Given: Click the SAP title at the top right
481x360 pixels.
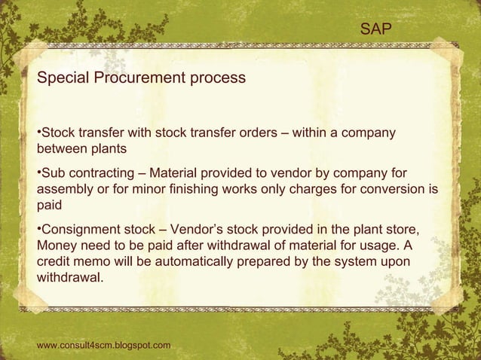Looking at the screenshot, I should tap(375, 29).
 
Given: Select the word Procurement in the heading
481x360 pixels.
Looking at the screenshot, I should tap(142, 78).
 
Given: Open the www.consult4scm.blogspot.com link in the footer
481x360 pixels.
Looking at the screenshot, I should tap(103, 345).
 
